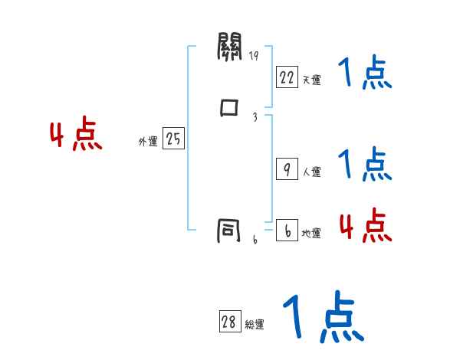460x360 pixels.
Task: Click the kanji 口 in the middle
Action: (229, 107)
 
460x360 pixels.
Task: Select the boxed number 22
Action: (287, 77)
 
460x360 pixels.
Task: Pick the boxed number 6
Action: (287, 231)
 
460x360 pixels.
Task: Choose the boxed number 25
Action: (174, 139)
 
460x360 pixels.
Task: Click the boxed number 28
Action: (229, 322)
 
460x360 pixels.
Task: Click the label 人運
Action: (311, 172)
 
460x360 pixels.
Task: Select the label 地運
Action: (311, 234)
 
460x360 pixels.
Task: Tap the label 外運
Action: (148, 142)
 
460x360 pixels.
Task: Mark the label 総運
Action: (255, 325)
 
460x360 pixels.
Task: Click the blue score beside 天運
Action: (365, 74)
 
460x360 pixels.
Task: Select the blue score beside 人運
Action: (365, 164)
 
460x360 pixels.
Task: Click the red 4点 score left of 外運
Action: (76, 136)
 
